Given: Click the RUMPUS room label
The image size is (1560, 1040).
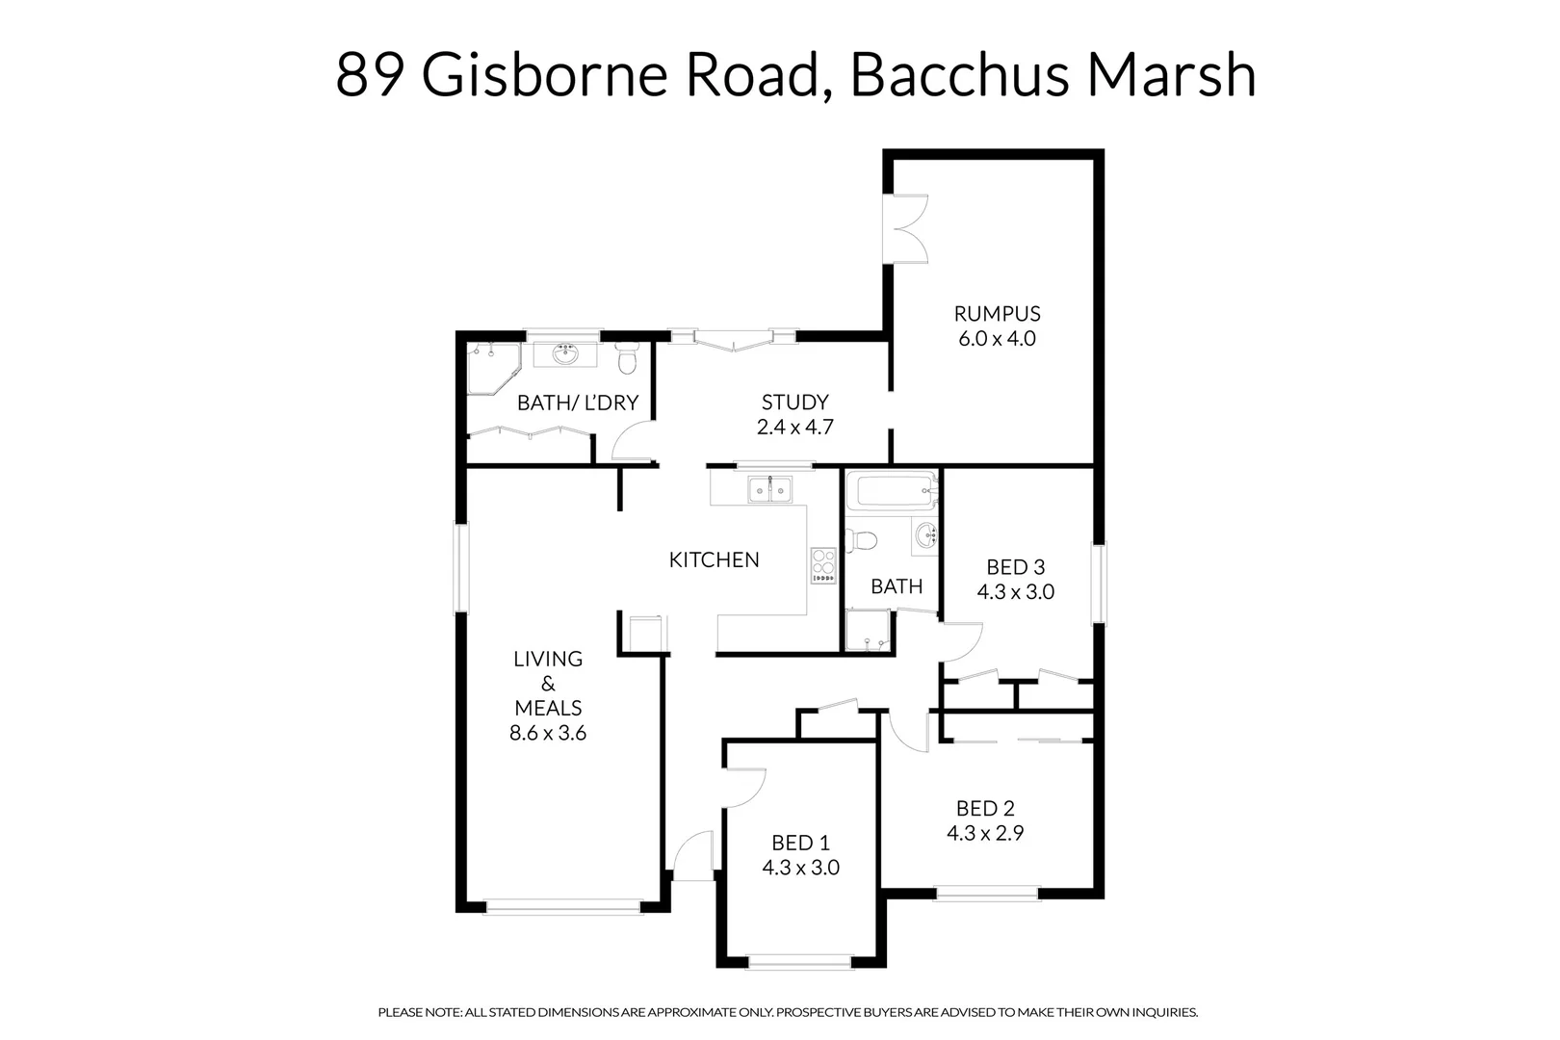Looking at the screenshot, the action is pos(997,313).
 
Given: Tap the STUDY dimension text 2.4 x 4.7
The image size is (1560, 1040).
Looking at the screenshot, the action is pos(794,428).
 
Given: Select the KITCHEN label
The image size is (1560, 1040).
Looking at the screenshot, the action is pos(714,559).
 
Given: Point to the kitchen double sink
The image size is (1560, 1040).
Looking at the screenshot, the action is pos(769,490).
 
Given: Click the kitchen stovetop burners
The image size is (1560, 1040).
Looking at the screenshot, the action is pos(823,564).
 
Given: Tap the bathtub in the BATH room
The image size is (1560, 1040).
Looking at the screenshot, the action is pos(891,492).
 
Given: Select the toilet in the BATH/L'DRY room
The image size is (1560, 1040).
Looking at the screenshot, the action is pos(627,359).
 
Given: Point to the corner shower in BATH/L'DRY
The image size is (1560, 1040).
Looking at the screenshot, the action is pos(491,368).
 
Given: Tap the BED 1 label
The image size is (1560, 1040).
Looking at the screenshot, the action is pos(800,844).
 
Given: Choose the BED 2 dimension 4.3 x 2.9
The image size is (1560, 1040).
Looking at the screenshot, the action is pos(984,833).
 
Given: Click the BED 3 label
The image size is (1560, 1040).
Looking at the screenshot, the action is pos(1015,567).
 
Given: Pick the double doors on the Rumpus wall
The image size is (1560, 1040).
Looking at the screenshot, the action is pos(905,228).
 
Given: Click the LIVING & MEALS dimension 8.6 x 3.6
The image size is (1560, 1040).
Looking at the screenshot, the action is pos(547,733).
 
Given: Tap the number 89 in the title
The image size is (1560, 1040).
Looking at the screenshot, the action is pos(369,75).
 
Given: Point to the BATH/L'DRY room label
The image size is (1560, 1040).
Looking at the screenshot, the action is pos(578,403).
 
